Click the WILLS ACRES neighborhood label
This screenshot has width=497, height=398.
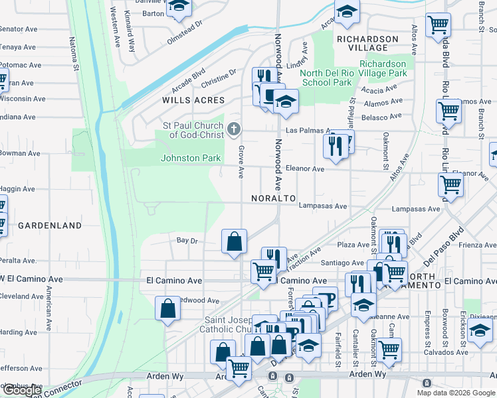[193, 100]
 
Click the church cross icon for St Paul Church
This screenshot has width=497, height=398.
[233, 129]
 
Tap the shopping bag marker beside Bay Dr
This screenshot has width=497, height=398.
[235, 241]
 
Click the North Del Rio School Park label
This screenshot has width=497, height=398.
[326, 78]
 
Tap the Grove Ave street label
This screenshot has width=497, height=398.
[241, 163]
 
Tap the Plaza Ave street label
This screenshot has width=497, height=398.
[354, 245]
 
